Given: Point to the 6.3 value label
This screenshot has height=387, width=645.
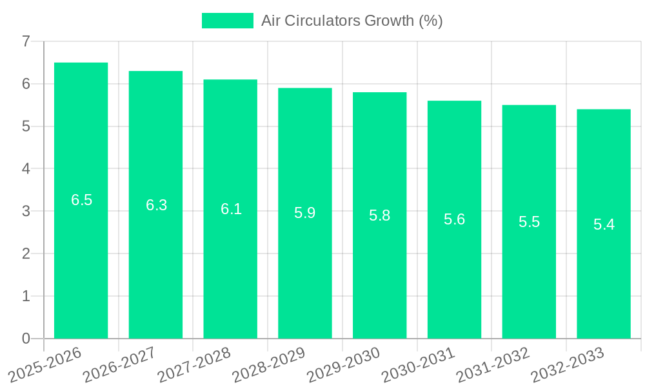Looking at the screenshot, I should point(156,205).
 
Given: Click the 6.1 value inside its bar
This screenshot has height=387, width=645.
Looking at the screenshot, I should point(231,209).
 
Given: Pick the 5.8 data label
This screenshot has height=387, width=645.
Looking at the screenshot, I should point(379,215).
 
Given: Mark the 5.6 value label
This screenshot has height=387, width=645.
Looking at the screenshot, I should point(454,219).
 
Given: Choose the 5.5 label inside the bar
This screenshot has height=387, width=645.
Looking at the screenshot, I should point(529,222).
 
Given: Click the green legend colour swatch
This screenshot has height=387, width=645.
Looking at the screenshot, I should point(228,21).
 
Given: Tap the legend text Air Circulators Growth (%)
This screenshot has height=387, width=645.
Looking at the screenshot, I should point(352,21).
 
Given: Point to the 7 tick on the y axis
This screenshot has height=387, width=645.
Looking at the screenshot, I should point(26,42).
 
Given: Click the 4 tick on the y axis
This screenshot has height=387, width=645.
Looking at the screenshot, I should point(26,169).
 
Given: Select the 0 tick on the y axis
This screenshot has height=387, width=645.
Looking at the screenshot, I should point(26,339).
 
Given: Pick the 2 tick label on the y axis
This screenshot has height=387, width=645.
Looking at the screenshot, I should point(26,253).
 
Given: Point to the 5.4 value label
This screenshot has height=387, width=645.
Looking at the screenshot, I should point(604,224).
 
